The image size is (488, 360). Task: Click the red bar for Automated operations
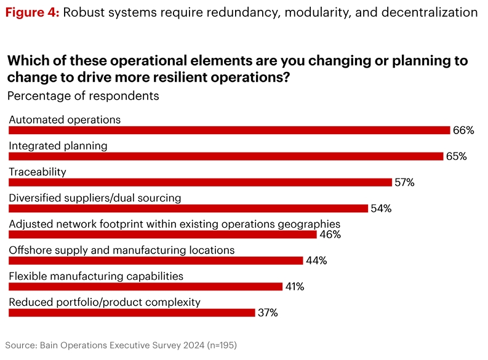click(x=229, y=130)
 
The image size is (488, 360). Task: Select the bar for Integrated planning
click(x=226, y=156)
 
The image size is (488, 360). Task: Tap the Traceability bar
click(x=200, y=182)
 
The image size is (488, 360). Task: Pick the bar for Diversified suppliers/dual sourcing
click(x=188, y=208)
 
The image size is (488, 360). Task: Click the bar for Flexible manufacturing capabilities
click(x=145, y=286)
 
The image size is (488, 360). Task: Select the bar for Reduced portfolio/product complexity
click(x=132, y=313)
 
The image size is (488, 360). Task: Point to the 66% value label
click(x=463, y=130)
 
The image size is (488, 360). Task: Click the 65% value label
click(x=456, y=156)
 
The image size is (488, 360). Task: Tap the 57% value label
click(x=404, y=182)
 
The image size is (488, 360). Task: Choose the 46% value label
click(x=329, y=234)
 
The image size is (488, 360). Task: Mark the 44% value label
click(x=315, y=260)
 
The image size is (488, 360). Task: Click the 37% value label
click(x=267, y=313)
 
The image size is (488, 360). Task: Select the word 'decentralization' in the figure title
click(x=425, y=12)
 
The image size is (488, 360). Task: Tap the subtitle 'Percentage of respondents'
click(x=82, y=96)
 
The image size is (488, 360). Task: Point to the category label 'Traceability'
click(x=37, y=172)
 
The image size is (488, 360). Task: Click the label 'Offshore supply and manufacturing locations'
click(x=121, y=250)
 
